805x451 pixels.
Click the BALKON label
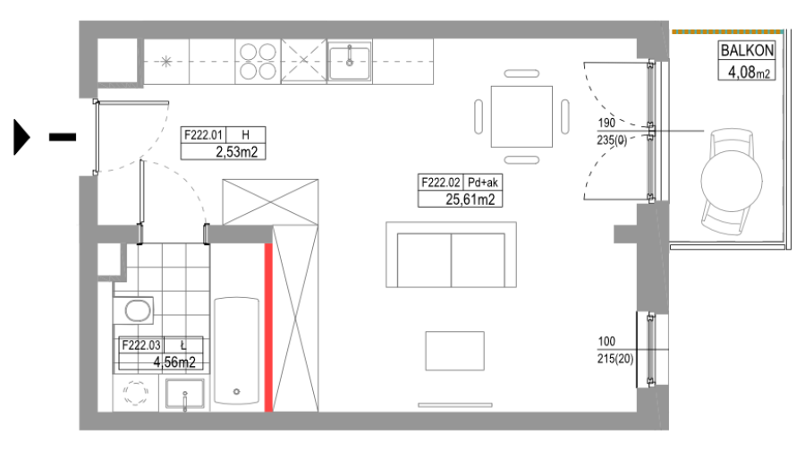click(747, 50)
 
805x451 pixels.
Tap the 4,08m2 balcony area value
click(749, 72)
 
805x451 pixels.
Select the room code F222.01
click(203, 135)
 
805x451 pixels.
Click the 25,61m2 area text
click(470, 200)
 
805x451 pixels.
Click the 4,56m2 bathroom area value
click(174, 362)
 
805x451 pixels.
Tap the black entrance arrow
click(21, 137)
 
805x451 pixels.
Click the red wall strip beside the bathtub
click(268, 328)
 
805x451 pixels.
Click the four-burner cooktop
click(258, 61)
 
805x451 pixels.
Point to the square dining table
click(521, 116)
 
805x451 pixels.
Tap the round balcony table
click(732, 180)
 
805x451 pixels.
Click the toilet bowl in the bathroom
click(138, 311)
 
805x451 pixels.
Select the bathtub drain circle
click(237, 391)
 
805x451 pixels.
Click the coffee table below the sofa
click(455, 351)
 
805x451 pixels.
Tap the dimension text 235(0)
click(612, 140)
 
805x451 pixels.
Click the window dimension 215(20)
click(615, 359)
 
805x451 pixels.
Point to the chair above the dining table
click(521, 73)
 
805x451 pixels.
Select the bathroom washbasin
click(185, 394)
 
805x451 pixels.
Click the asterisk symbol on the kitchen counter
click(165, 62)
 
